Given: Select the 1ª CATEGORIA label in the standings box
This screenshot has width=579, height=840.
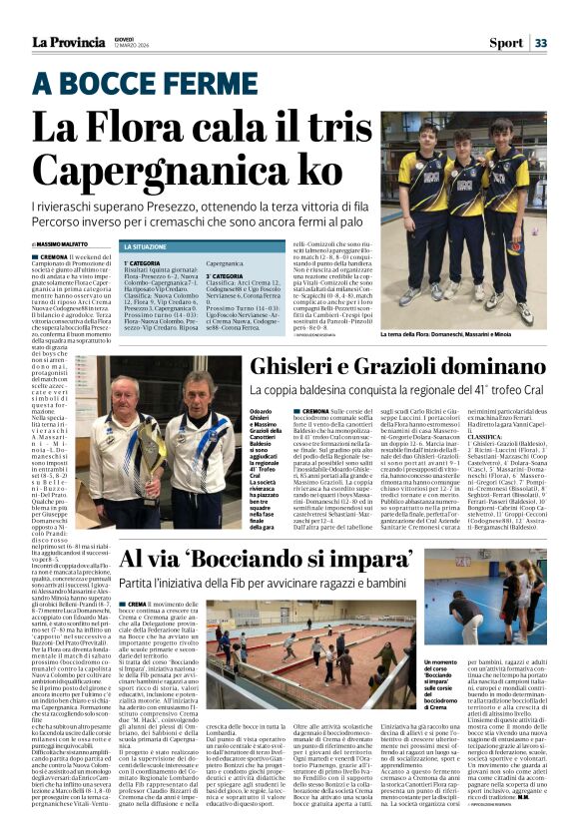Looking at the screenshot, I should click(142, 263).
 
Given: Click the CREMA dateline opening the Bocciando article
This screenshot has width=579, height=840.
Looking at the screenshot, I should click(135, 605).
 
